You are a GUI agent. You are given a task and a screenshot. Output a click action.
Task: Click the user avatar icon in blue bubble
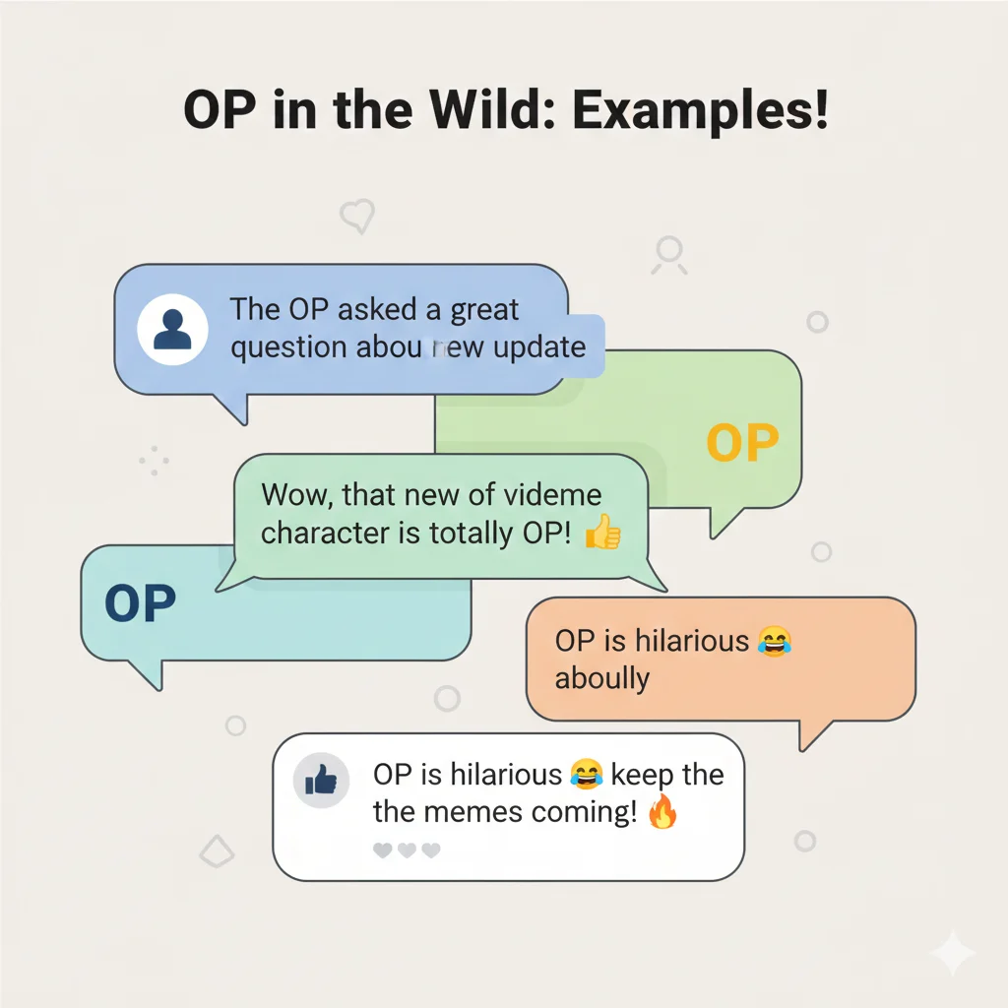click(172, 330)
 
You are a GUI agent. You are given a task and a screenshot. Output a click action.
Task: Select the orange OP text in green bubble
click(742, 444)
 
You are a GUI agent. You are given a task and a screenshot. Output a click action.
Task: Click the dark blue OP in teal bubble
click(140, 603)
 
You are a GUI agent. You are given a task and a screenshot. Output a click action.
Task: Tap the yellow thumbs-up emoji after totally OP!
click(602, 534)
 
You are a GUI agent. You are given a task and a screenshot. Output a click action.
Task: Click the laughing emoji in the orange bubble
click(776, 642)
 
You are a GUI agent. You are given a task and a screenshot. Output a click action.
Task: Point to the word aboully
click(601, 678)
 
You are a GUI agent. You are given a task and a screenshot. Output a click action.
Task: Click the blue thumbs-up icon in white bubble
click(322, 782)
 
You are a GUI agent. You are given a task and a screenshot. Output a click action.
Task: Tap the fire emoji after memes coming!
click(663, 813)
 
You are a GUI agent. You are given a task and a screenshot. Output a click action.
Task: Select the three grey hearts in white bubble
click(407, 850)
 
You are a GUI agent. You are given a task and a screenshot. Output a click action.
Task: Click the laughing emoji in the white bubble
click(586, 776)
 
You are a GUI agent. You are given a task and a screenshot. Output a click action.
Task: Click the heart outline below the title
click(356, 215)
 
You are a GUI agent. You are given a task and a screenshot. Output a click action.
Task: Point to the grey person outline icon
click(669, 255)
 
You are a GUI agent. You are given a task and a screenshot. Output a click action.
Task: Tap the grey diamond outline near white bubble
click(216, 850)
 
